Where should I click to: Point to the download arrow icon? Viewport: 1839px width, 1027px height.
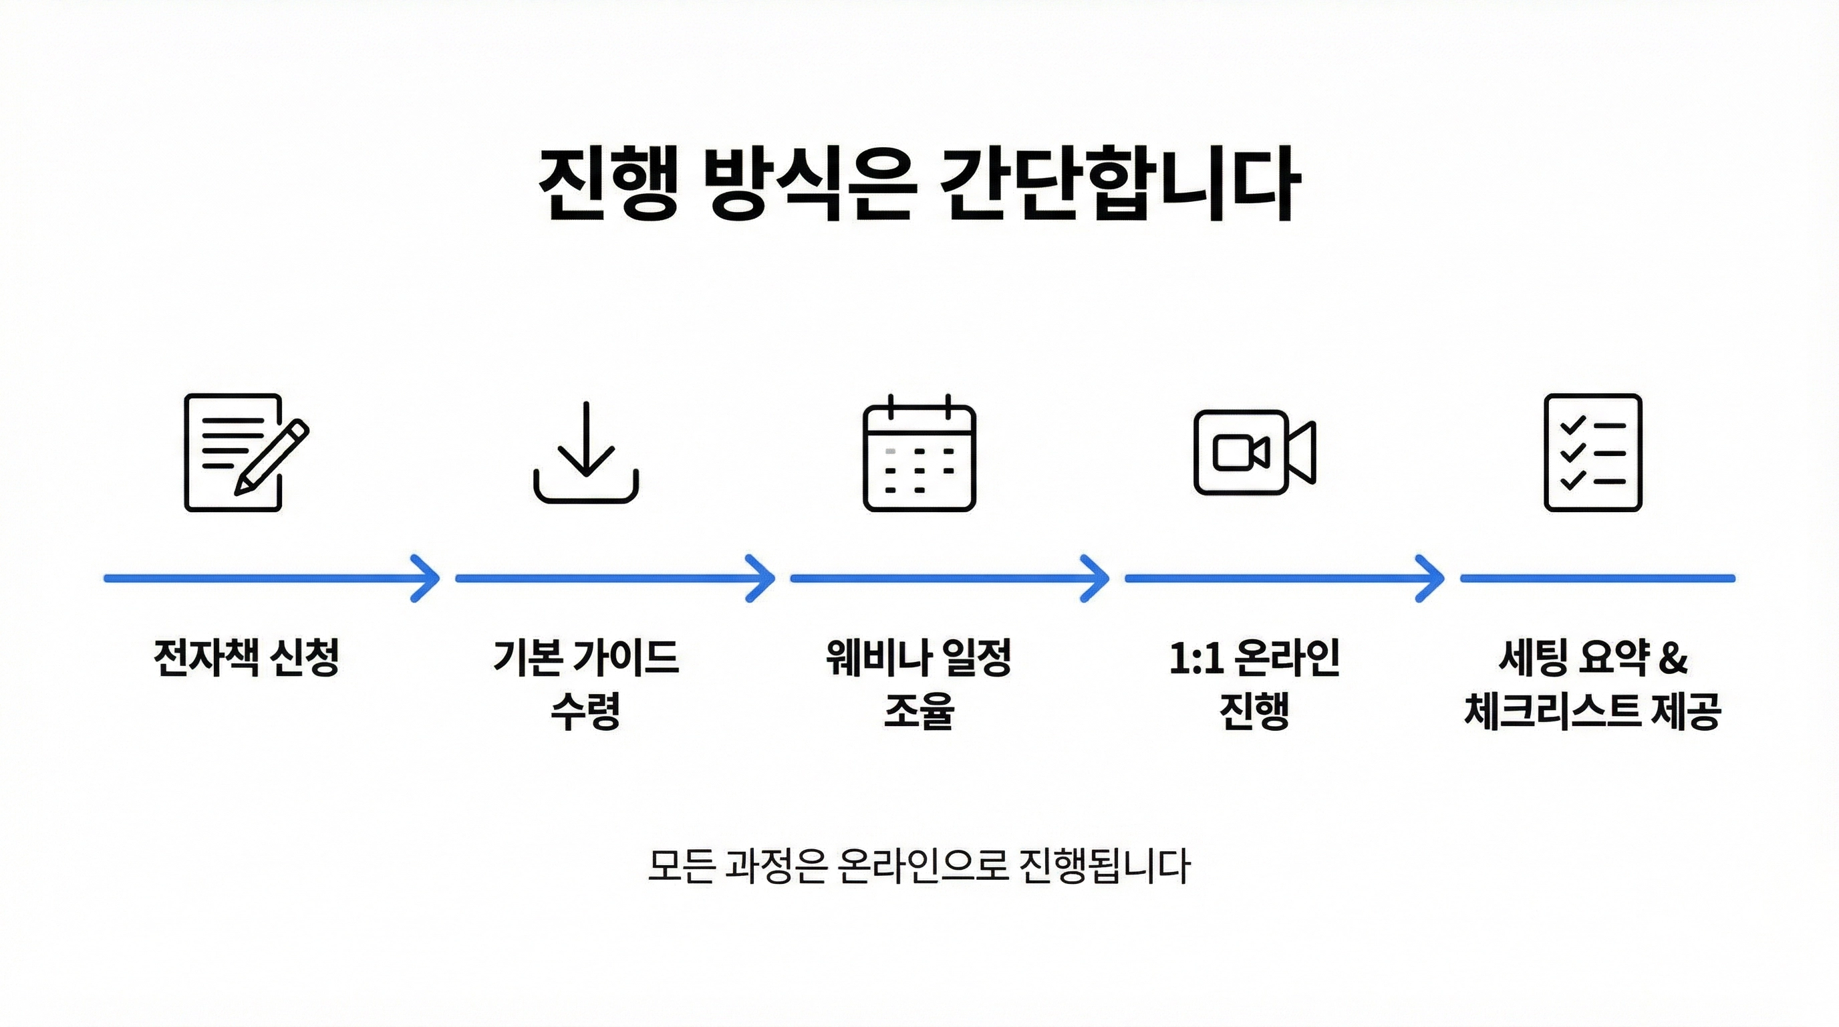[x=586, y=452]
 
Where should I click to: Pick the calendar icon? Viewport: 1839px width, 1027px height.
[x=919, y=453]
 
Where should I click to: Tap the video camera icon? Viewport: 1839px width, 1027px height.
[x=1254, y=452]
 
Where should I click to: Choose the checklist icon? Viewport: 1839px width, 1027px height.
[x=1592, y=452]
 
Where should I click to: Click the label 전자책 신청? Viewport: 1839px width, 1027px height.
[x=247, y=657]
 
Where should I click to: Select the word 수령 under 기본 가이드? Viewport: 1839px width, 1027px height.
[x=585, y=711]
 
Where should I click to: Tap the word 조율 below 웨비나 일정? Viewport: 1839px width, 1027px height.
[x=919, y=711]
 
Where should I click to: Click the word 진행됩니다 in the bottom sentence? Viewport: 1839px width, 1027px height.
[x=1105, y=866]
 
